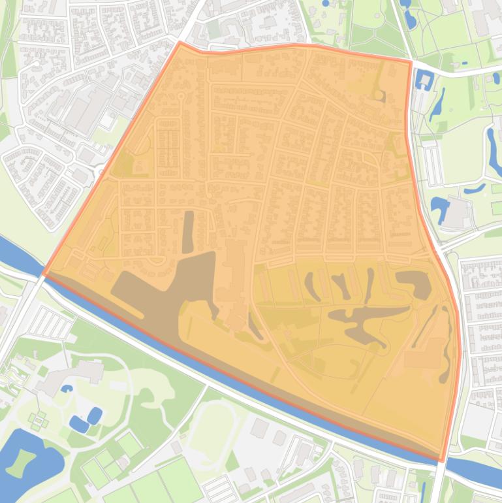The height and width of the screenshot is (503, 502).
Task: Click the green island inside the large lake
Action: [24, 460]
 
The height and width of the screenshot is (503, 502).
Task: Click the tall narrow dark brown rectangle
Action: [188, 232]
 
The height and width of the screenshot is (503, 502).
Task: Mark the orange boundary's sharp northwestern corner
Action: [180, 42]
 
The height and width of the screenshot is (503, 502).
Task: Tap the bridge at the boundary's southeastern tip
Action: [443, 462]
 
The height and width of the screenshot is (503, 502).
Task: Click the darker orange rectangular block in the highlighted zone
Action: [418, 357]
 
